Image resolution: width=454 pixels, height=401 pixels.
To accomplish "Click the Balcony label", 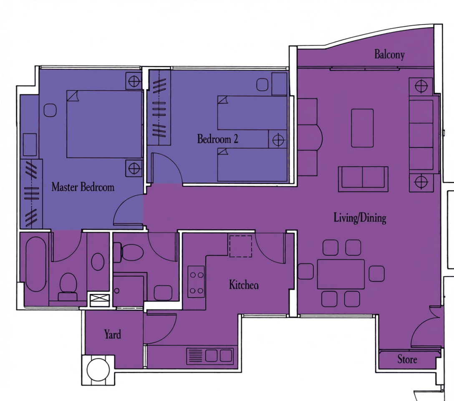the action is pyautogui.click(x=389, y=54).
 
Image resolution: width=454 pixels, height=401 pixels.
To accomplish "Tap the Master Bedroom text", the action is pyautogui.click(x=83, y=187).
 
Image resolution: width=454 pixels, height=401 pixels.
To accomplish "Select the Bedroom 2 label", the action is pyautogui.click(x=218, y=139).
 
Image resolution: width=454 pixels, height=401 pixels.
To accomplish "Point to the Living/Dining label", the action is pyautogui.click(x=360, y=218).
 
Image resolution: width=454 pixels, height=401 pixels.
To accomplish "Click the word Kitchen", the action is pyautogui.click(x=244, y=285).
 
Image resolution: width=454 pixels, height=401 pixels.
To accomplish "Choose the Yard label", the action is pyautogui.click(x=113, y=334).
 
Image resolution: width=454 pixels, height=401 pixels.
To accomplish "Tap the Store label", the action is pyautogui.click(x=407, y=359).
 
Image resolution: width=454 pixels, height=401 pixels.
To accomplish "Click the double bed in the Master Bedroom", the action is pyautogui.click(x=105, y=124).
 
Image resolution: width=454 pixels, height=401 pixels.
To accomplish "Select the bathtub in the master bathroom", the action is pyautogui.click(x=36, y=264).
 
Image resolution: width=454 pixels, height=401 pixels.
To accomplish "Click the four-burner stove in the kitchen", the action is pyautogui.click(x=196, y=282).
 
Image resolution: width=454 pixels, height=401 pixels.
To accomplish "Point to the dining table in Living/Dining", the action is pyautogui.click(x=341, y=274).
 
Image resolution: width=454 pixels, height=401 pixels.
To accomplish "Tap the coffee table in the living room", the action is pyautogui.click(x=362, y=128).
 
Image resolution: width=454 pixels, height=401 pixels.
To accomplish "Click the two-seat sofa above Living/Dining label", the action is pyautogui.click(x=363, y=179).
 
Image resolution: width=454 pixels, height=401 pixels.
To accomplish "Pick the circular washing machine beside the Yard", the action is pyautogui.click(x=98, y=369).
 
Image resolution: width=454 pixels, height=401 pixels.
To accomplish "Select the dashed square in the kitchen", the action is pyautogui.click(x=241, y=246).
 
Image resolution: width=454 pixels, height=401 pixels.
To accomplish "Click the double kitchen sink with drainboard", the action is pyautogui.click(x=210, y=356).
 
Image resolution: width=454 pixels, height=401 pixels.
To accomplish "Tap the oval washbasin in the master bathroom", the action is pyautogui.click(x=98, y=261).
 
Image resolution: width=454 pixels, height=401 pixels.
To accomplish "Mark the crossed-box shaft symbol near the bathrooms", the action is pyautogui.click(x=99, y=298).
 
